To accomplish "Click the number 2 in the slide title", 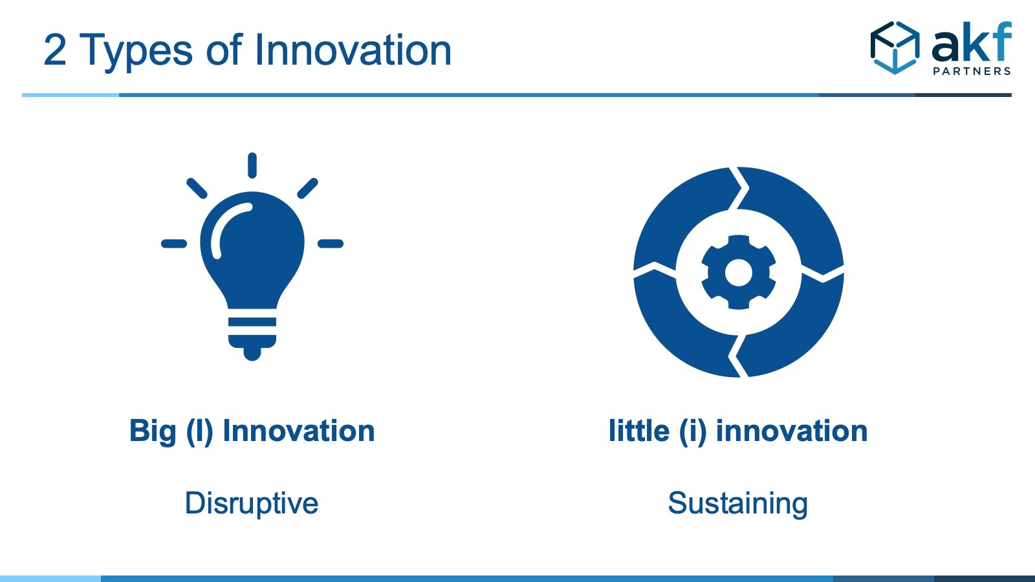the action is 55,50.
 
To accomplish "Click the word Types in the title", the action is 136,52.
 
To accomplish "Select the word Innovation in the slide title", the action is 353,50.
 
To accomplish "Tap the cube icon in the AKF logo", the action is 895,48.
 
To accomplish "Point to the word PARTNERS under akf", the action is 972,71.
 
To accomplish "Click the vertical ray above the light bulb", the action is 252,166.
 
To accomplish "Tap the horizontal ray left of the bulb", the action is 174,243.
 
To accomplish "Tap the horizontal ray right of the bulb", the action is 331,243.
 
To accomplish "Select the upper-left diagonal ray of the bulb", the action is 197,188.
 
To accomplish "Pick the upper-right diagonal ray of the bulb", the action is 308,188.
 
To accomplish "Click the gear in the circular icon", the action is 738,272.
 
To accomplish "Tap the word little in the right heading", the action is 639,431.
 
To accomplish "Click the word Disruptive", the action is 252,504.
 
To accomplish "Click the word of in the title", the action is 224,49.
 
